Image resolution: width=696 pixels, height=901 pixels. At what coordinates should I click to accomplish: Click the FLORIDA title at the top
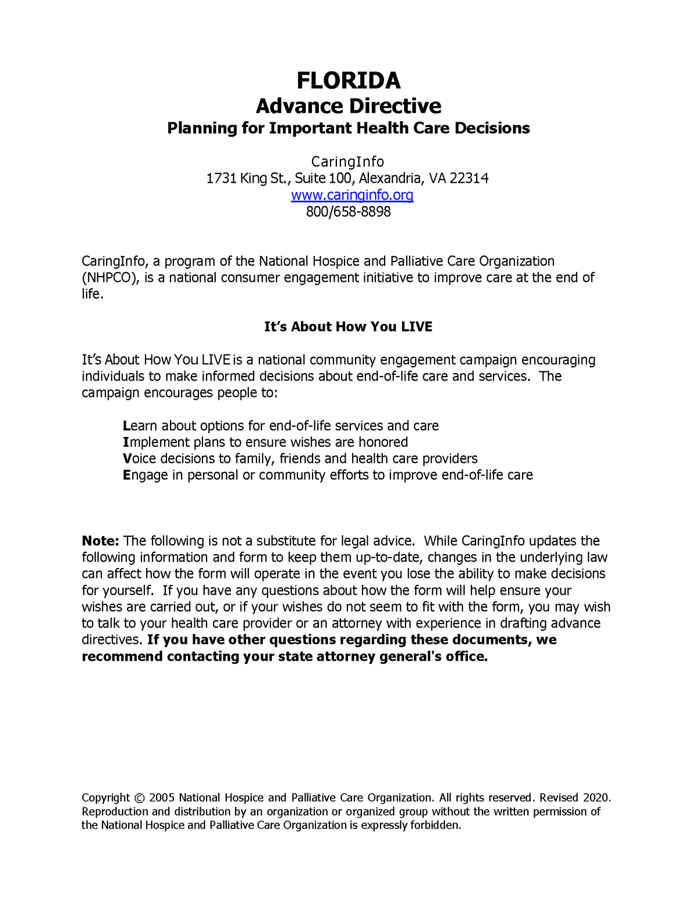(x=348, y=81)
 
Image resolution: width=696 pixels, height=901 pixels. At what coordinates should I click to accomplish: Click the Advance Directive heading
(x=348, y=106)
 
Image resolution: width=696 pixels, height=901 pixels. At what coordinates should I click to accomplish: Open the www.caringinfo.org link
(x=352, y=195)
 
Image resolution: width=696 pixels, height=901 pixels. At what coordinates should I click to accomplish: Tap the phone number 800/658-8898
(x=348, y=212)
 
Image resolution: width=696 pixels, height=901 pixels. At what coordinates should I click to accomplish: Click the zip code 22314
(x=469, y=178)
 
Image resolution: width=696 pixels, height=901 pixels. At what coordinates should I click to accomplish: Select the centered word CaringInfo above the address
(x=347, y=161)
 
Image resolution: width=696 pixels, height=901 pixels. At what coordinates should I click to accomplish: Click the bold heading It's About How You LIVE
(x=348, y=327)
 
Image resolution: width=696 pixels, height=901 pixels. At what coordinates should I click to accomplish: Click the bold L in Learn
(x=126, y=426)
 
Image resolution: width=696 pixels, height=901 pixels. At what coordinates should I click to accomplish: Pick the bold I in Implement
(x=125, y=442)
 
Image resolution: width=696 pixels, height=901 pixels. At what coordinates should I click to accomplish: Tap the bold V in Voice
(x=127, y=459)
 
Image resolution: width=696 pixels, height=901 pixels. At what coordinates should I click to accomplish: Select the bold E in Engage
(x=126, y=475)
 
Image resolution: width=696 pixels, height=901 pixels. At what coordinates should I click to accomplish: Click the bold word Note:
(x=100, y=541)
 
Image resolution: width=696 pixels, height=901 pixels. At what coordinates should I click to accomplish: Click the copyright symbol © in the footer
(x=139, y=798)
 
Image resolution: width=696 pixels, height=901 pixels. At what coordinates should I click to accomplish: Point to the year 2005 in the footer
(x=162, y=798)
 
